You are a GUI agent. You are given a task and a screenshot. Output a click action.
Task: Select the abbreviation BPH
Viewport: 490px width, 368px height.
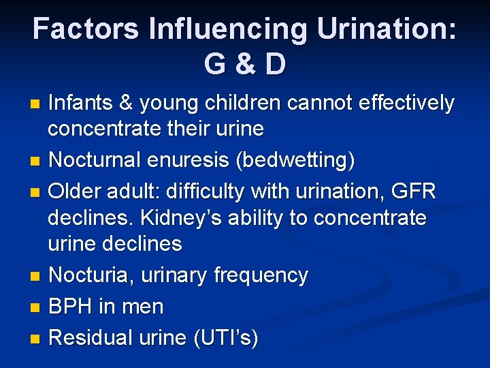coord(73,307)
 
